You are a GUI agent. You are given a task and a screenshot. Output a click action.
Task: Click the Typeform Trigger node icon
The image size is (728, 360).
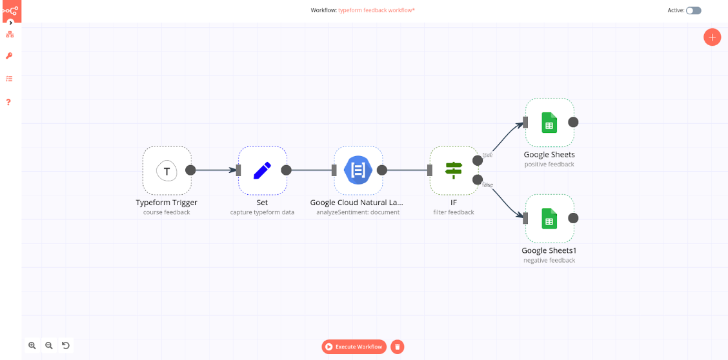(167, 170)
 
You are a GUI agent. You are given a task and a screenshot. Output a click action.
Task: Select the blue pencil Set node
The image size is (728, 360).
(262, 170)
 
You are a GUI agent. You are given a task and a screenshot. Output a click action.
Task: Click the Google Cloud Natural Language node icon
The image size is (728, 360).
(358, 170)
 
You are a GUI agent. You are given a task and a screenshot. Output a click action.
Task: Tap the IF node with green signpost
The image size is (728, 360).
(454, 170)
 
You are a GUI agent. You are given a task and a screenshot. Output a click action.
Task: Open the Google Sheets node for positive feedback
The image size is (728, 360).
(549, 122)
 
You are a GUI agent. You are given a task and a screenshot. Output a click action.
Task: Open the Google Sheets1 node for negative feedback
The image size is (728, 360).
(549, 218)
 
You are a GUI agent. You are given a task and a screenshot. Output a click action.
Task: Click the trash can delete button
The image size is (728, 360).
(398, 346)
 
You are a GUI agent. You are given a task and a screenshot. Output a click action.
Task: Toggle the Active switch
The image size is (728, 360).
(694, 10)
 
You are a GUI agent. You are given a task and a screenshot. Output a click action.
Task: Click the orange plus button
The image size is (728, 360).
(712, 37)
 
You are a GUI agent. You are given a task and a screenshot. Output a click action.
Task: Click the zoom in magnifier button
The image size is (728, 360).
(32, 345)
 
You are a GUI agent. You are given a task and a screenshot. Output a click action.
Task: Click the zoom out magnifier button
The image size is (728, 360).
(49, 345)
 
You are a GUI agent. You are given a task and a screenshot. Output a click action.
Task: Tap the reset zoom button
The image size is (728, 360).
(66, 345)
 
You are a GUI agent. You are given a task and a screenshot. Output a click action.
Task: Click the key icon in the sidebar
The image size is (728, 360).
(9, 56)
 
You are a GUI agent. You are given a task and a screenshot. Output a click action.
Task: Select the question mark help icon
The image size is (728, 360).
(9, 102)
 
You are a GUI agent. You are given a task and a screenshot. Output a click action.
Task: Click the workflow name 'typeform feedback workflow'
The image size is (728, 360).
(376, 10)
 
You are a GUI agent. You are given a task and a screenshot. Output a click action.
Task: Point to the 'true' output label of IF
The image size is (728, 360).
(487, 155)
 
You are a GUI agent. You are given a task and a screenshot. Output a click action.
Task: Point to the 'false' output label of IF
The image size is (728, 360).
(488, 185)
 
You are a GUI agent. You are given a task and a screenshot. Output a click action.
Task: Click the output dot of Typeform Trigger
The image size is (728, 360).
(190, 170)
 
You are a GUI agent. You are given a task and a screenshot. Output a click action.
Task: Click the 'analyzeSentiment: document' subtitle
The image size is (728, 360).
(358, 212)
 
